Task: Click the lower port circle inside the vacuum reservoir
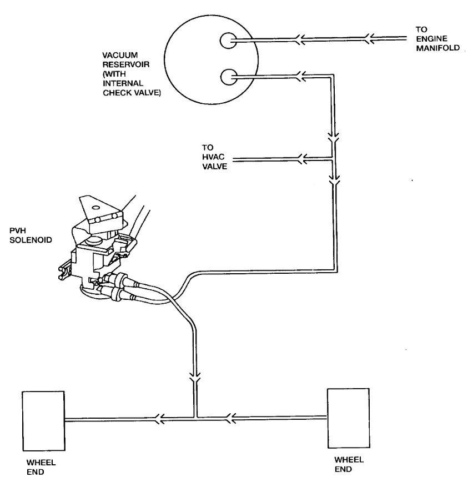[228, 77]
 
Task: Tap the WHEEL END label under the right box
[345, 464]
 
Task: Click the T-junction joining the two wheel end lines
[195, 416]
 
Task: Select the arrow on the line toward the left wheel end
[160, 416]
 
